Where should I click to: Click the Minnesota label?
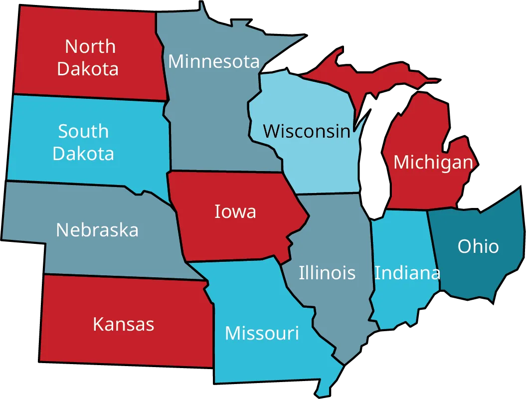pyautogui.click(x=214, y=61)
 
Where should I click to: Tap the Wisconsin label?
pyautogui.click(x=307, y=131)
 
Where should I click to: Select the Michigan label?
pyautogui.click(x=433, y=162)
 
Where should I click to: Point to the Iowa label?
pyautogui.click(x=235, y=211)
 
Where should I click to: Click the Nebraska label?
pyautogui.click(x=97, y=230)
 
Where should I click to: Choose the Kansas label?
pyautogui.click(x=124, y=324)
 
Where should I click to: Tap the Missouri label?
pyautogui.click(x=262, y=333)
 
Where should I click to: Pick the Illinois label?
pyautogui.click(x=327, y=273)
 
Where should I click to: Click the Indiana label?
pyautogui.click(x=407, y=273)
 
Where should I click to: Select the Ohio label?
pyautogui.click(x=478, y=246)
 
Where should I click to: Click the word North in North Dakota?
pyautogui.click(x=90, y=46)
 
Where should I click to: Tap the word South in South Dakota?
pyautogui.click(x=83, y=131)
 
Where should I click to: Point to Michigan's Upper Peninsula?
pyautogui.click(x=349, y=75)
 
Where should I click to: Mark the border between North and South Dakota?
pyautogui.click(x=90, y=97)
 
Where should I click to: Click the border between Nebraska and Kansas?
pyautogui.click(x=125, y=277)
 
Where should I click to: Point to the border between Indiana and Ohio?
pyautogui.click(x=434, y=249)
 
